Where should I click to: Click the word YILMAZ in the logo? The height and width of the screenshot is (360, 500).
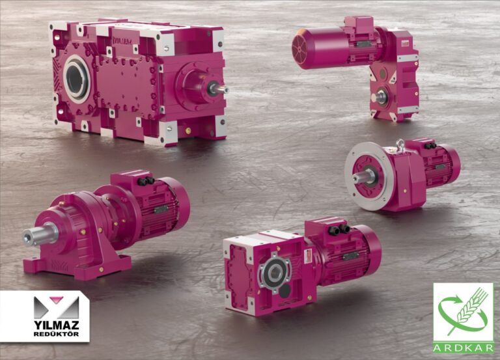57,325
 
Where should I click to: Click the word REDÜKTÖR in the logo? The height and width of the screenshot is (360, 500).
57,334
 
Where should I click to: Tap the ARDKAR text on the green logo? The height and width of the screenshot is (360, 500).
463,348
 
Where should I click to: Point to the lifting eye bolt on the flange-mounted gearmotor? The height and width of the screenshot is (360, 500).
400,145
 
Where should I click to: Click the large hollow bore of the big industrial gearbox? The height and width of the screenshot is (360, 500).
77,79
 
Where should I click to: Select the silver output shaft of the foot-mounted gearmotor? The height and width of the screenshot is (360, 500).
40,235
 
